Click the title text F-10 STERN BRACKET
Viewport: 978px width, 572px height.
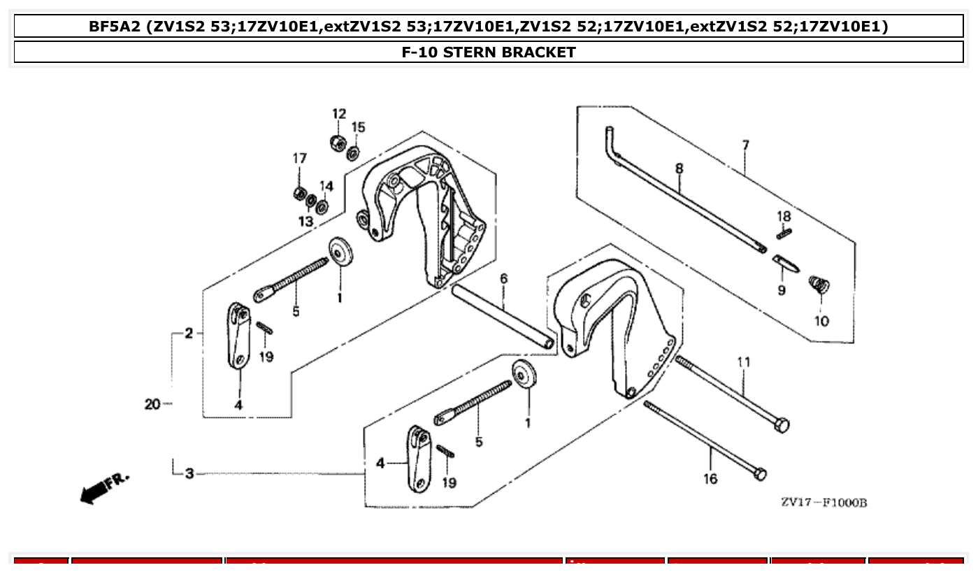pyautogui.click(x=489, y=52)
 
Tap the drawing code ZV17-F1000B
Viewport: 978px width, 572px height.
pyautogui.click(x=824, y=503)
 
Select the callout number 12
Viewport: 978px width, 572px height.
pyautogui.click(x=338, y=114)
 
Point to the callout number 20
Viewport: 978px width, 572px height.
pyautogui.click(x=152, y=404)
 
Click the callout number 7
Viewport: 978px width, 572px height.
pyautogui.click(x=746, y=145)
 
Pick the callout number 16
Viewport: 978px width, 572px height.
pyautogui.click(x=710, y=479)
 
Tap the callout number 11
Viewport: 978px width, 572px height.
pyautogui.click(x=743, y=362)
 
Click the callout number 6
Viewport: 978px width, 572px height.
pyautogui.click(x=503, y=279)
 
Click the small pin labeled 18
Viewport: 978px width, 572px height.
pyautogui.click(x=784, y=233)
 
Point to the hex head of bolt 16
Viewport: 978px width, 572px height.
pyautogui.click(x=760, y=474)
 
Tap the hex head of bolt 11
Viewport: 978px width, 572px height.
pyautogui.click(x=782, y=424)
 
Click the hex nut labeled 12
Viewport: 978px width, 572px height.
pyautogui.click(x=338, y=142)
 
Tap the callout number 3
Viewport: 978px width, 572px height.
pyautogui.click(x=189, y=474)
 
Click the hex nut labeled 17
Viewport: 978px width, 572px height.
pyautogui.click(x=299, y=192)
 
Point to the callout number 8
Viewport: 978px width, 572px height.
pyautogui.click(x=679, y=168)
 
